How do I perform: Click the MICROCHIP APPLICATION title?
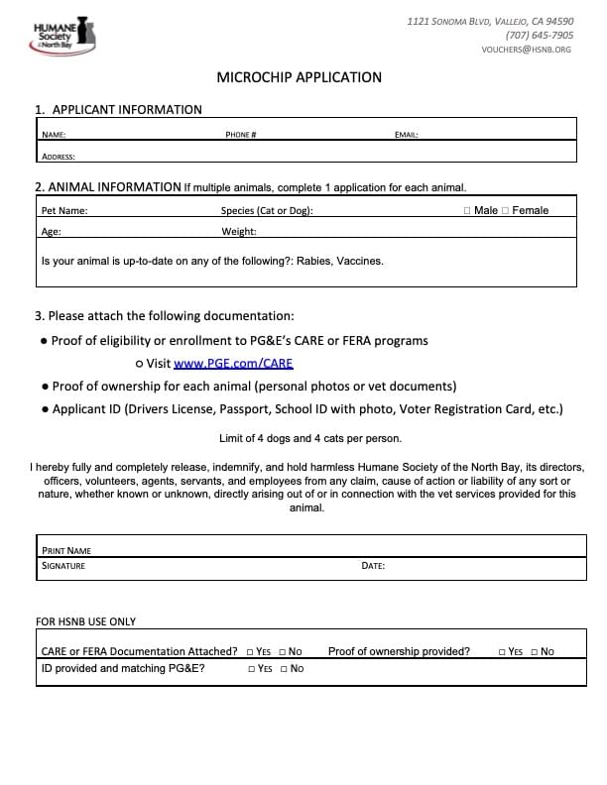tap(299, 77)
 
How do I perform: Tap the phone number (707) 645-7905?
tap(539, 35)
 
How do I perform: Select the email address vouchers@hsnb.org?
tap(526, 49)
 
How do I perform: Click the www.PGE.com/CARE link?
tap(233, 364)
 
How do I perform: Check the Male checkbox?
tap(467, 210)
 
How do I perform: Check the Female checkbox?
tap(506, 210)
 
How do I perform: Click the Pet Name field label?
tap(64, 210)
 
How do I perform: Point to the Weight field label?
tap(239, 231)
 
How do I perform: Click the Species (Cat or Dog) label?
tap(267, 210)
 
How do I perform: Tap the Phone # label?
tap(241, 134)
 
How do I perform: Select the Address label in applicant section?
tap(58, 156)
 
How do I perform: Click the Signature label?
tap(62, 566)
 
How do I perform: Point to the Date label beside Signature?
tap(373, 566)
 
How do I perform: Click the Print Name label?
tap(65, 550)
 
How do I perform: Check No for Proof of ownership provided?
tap(534, 651)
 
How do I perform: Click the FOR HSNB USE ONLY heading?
tap(86, 621)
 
